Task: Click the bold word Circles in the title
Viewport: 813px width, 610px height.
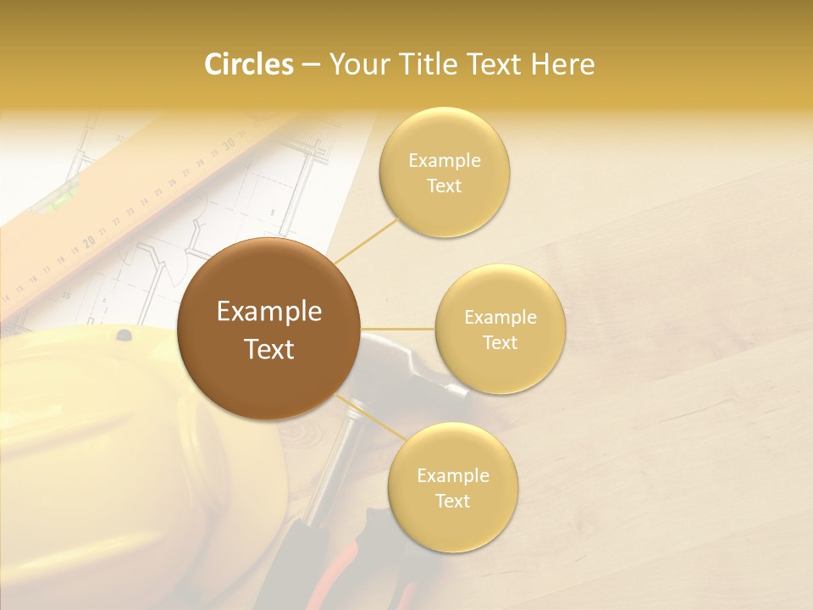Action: point(248,64)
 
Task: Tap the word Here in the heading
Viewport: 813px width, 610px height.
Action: point(564,64)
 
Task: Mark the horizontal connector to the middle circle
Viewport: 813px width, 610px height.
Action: point(398,329)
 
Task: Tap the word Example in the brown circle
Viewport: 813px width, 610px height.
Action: point(269,312)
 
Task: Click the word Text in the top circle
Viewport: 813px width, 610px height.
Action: point(444,186)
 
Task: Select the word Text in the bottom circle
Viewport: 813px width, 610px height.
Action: point(452,501)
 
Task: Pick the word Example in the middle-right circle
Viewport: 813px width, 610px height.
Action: point(501,317)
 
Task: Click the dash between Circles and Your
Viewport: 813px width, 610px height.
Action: point(311,64)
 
